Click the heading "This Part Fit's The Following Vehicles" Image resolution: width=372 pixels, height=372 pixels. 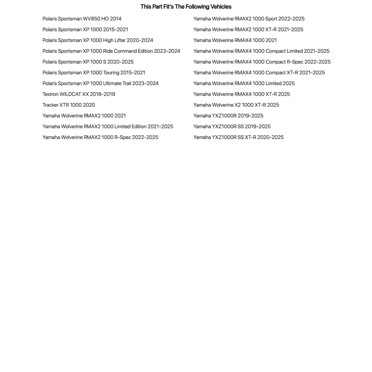(186, 7)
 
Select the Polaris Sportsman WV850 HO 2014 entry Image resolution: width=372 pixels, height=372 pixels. (82, 19)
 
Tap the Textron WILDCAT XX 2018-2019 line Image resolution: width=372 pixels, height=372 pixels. (79, 94)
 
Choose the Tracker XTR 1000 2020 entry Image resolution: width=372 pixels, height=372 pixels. (69, 105)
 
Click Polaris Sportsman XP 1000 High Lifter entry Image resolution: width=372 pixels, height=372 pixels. (98, 40)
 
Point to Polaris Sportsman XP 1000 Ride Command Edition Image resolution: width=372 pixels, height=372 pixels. (111, 51)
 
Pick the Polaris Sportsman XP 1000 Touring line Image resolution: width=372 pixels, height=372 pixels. (94, 72)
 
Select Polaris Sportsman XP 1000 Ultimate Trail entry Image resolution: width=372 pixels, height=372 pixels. (100, 83)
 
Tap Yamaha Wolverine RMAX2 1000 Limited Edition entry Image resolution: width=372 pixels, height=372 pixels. (108, 126)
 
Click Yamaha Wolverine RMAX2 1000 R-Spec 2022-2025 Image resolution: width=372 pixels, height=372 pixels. (100, 137)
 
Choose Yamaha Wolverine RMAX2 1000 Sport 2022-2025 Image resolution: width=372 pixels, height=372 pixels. (249, 19)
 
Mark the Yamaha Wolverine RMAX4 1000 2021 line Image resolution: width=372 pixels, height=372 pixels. (235, 40)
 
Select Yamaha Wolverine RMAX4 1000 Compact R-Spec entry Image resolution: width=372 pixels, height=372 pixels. (262, 62)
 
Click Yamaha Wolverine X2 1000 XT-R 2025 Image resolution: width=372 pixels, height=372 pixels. (236, 105)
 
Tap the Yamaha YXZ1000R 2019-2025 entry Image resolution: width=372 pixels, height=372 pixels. (228, 116)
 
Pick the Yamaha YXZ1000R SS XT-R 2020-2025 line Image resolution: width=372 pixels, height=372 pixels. (238, 137)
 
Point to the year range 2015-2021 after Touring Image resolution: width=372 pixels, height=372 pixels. (133, 72)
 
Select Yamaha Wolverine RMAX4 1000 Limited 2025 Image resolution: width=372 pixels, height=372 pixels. (244, 83)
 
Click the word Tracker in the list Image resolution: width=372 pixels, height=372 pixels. (51, 105)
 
